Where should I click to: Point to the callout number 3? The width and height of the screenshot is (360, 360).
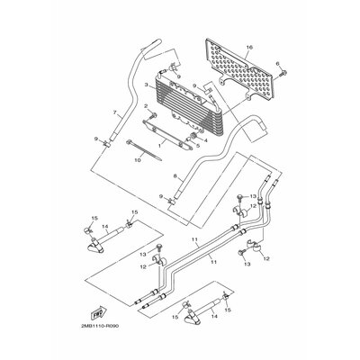point(146,84)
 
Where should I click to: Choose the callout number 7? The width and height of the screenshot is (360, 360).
point(114,113)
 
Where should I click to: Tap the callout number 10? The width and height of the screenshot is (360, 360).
point(136,162)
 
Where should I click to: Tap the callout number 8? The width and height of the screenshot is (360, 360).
point(161,178)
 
